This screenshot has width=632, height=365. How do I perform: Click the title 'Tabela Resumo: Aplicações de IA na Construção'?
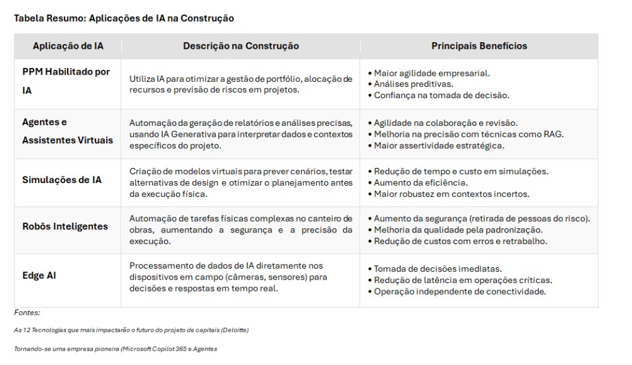pos(124,19)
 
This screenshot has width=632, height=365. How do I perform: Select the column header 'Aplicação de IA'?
pos(68,46)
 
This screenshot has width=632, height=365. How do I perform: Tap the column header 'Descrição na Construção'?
pos(241,46)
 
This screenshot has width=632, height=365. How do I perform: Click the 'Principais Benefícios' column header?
pos(479,46)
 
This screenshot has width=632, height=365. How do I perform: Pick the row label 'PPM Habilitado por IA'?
pos(66,81)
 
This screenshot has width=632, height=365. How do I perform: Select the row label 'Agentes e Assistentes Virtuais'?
pos(68,131)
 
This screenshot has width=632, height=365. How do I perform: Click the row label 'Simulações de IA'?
pos(62,179)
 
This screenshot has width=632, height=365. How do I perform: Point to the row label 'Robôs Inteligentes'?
pos(65,226)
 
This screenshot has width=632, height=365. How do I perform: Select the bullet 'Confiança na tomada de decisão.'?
pos(441,95)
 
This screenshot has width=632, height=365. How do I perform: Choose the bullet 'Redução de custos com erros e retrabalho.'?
pos(460,241)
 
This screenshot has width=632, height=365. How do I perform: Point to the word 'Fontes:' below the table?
pos(27,313)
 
